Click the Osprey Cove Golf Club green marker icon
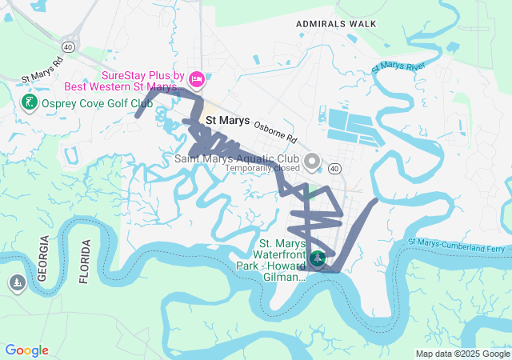(28, 103)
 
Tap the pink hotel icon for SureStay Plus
(197, 80)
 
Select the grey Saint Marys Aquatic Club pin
(312, 161)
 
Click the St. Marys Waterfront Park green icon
(318, 258)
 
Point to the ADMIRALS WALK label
(336, 24)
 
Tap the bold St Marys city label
(228, 121)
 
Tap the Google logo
(27, 350)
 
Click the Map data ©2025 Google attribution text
(462, 354)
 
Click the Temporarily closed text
(262, 169)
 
